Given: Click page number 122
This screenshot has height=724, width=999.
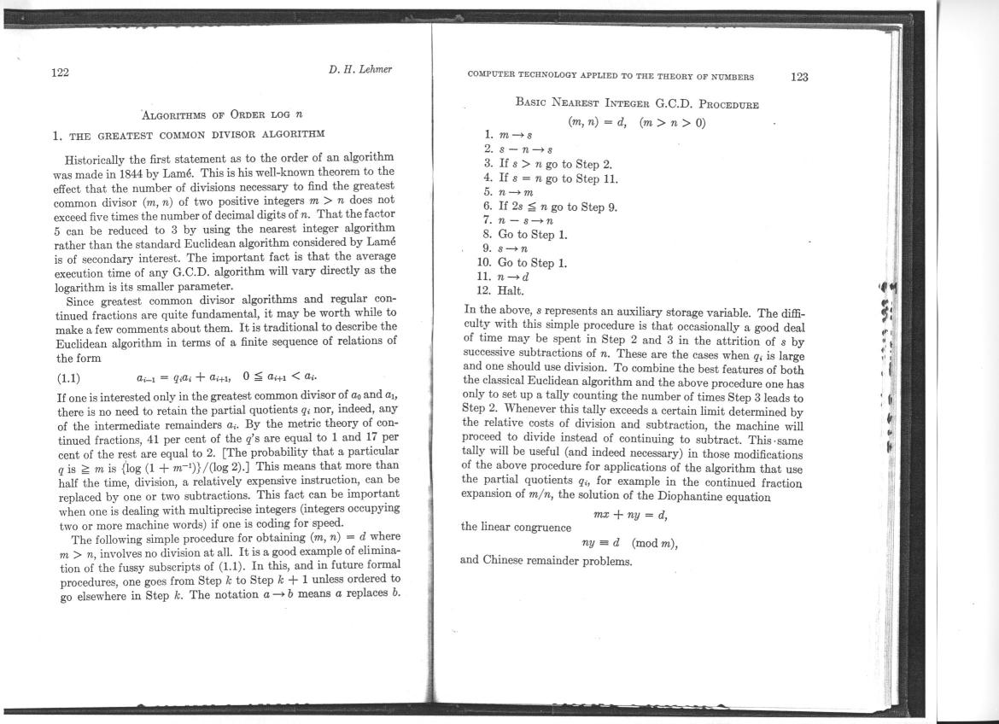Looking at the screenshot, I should coord(61,73).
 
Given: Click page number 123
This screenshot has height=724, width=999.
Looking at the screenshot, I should coord(799,77).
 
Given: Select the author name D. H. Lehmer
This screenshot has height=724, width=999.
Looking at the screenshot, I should coord(359,69).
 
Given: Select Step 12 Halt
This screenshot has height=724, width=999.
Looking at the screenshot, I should coord(504,291).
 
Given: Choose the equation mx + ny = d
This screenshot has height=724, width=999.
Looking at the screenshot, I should coord(631,514).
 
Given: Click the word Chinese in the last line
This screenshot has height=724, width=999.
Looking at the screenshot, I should coord(507,561).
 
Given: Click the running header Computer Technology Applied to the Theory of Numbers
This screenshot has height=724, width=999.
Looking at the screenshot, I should coord(610,76).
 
